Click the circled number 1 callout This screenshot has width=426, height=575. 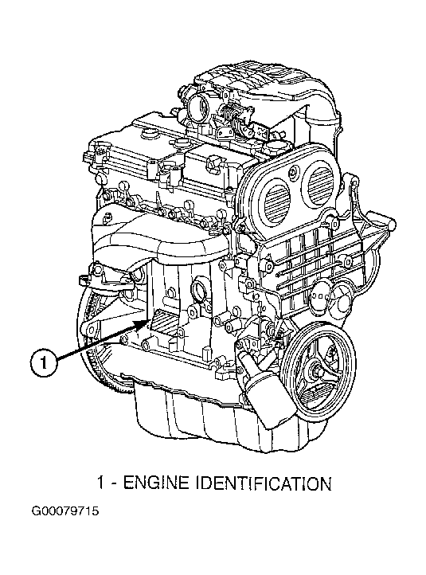(x=43, y=363)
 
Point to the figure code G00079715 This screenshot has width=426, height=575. (x=65, y=511)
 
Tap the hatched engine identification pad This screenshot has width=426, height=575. (x=165, y=320)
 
